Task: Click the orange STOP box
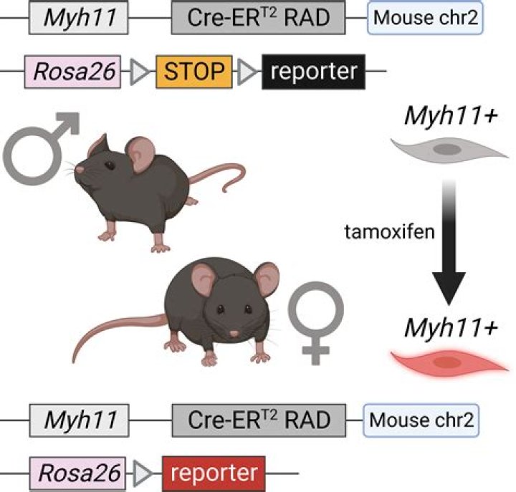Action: (193, 72)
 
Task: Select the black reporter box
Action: (314, 72)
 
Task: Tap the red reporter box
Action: (214, 473)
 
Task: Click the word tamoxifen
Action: (390, 232)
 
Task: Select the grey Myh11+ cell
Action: (449, 150)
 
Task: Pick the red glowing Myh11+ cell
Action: (449, 362)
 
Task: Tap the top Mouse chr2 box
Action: (425, 17)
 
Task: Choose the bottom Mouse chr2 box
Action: (421, 420)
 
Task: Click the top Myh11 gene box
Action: (78, 17)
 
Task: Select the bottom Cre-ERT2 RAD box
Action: (259, 420)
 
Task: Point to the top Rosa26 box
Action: (72, 72)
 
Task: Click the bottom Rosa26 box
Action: (77, 473)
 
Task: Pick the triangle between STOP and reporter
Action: (247, 72)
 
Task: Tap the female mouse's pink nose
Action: (234, 334)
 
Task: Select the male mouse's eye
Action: (109, 165)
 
